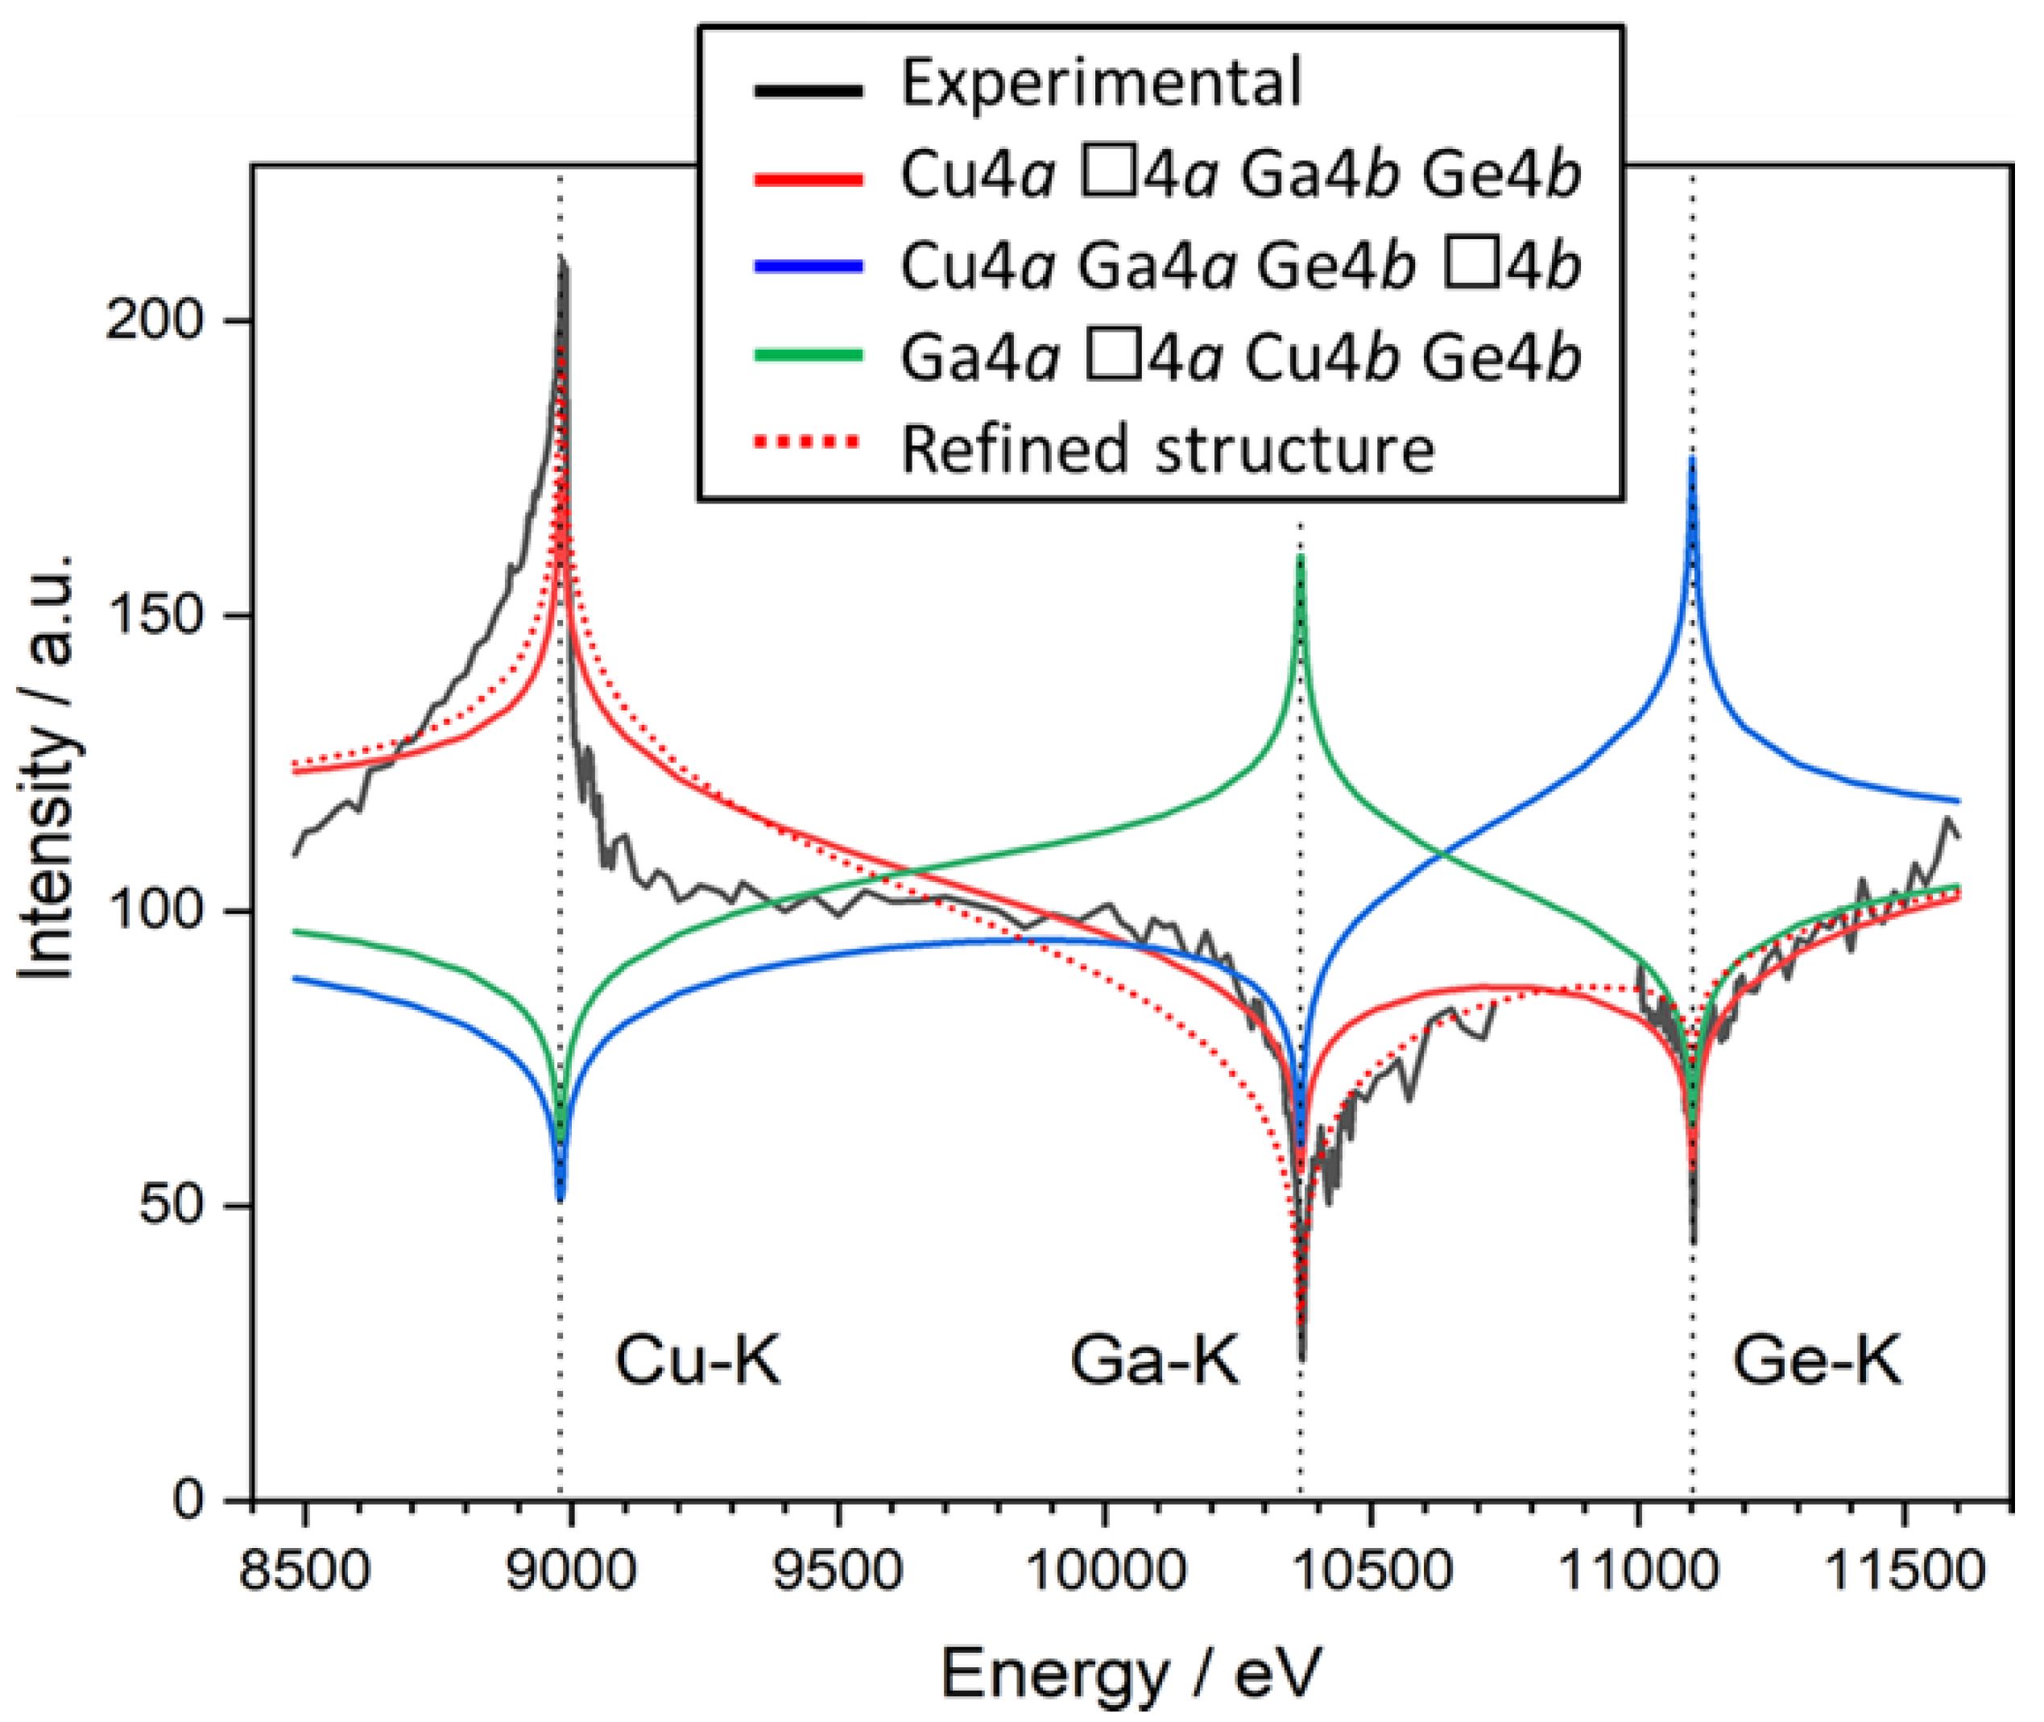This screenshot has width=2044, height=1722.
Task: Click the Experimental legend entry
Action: (1100, 82)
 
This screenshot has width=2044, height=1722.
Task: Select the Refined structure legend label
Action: (1166, 450)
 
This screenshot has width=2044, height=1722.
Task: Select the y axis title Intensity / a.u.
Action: (46, 766)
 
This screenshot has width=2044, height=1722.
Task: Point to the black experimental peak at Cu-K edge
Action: (561, 262)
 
